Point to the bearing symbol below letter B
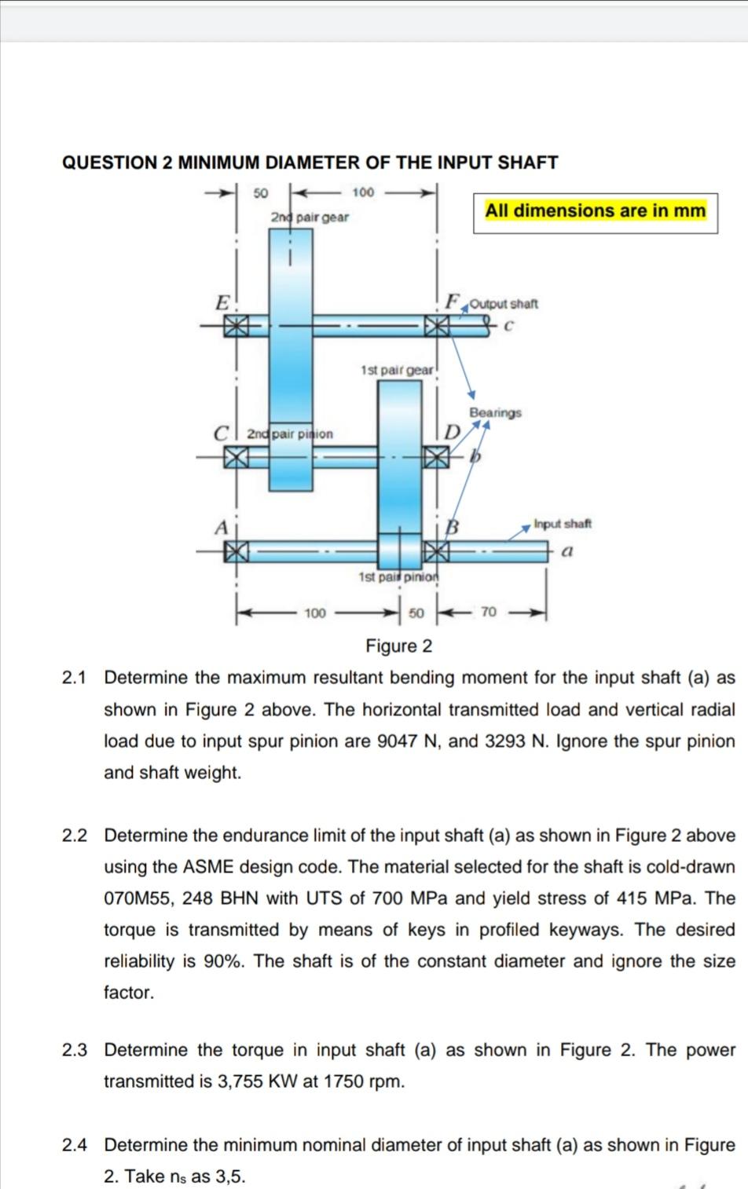point(435,552)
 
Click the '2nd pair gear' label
point(310,217)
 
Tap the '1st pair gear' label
point(397,369)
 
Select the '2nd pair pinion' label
point(290,434)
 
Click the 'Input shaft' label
point(563,524)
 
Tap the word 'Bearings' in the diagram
point(495,412)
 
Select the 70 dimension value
point(488,613)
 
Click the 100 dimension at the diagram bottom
point(315,613)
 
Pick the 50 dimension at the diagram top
point(261,192)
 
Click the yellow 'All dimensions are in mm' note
point(596,210)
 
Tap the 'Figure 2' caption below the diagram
point(399,646)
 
